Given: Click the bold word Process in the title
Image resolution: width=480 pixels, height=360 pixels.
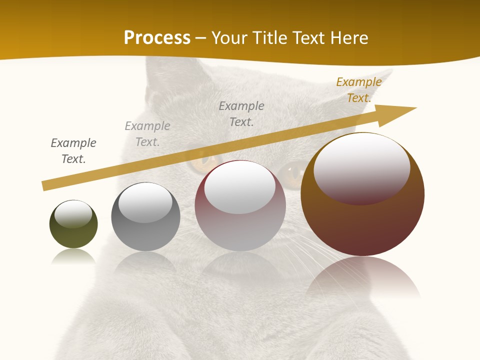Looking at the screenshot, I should (x=157, y=38).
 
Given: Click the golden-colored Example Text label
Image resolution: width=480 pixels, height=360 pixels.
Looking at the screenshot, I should (x=358, y=90).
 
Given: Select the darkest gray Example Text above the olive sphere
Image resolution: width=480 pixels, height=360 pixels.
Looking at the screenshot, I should (x=73, y=150).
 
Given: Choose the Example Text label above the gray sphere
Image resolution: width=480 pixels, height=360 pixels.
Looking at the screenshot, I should (x=147, y=134).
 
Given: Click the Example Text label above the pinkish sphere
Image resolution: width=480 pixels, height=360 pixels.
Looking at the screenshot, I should (x=241, y=113).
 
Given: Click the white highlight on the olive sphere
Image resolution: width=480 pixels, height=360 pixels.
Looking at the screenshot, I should (x=73, y=213).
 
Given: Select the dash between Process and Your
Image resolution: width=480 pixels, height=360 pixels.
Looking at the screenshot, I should (x=201, y=38).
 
